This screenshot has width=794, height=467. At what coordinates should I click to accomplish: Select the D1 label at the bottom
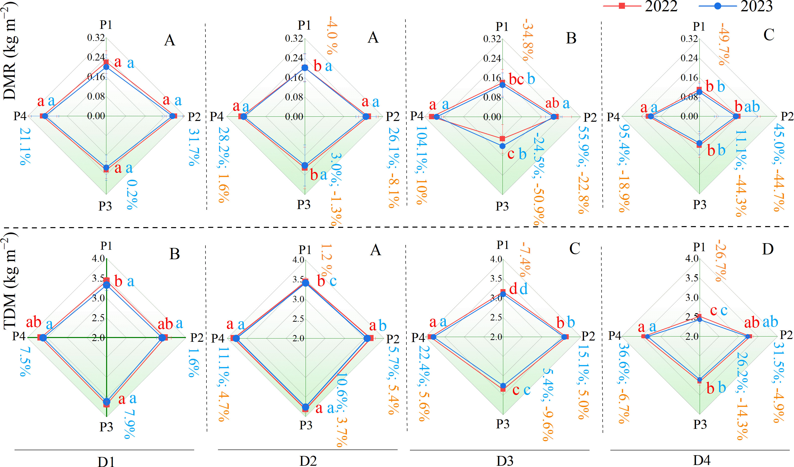pyautogui.click(x=106, y=461)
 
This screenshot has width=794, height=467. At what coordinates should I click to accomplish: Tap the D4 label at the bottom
pyautogui.click(x=701, y=460)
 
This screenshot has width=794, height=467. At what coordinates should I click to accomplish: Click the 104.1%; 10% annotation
pyautogui.click(x=421, y=165)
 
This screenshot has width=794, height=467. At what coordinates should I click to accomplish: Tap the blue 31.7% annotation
pyautogui.click(x=193, y=147)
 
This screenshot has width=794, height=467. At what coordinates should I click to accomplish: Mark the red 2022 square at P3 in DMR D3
pyautogui.click(x=502, y=139)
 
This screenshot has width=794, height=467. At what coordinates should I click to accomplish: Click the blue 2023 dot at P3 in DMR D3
pyautogui.click(x=502, y=146)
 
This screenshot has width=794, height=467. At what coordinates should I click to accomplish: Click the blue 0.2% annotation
pyautogui.click(x=132, y=194)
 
